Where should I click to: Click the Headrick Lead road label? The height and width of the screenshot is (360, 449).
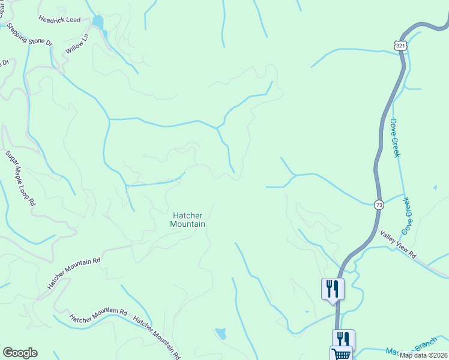click(59, 20)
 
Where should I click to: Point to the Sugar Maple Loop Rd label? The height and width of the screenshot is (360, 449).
click(21, 178)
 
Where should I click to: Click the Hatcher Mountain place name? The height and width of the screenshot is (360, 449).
click(188, 220)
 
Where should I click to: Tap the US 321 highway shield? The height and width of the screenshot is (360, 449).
click(402, 45)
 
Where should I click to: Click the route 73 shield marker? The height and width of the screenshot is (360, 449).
click(379, 205)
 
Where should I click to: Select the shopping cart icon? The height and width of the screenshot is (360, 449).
click(341, 354)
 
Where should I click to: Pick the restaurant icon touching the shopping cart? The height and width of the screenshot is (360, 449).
click(343, 338)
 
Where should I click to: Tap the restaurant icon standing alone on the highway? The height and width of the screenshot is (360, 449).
click(333, 289)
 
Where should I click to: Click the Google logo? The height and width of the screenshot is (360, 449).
click(20, 353)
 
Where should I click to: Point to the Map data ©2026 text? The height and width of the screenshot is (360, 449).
click(423, 355)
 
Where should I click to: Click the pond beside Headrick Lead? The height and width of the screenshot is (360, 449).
click(98, 23)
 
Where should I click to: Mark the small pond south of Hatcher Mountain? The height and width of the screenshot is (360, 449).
click(221, 333)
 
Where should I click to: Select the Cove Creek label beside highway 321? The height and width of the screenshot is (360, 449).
click(394, 137)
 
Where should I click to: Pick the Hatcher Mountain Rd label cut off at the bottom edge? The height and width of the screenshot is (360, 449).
click(157, 337)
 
